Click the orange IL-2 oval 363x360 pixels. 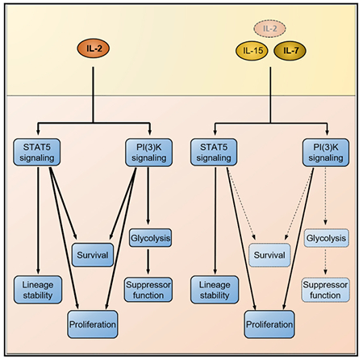coord(94,48)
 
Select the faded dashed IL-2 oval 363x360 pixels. coord(269,28)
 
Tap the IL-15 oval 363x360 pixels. coord(252,51)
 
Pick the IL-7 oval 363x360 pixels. coord(290,51)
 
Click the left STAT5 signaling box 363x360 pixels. coord(37,152)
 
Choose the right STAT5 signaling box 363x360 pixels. coord(214,152)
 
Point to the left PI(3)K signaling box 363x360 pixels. coord(148,153)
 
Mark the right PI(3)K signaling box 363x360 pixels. coord(326,153)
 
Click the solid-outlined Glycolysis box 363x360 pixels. coord(150,238)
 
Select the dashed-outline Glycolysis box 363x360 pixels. coord(326,238)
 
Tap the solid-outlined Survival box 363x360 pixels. coord(93,255)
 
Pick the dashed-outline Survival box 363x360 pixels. coord(269,255)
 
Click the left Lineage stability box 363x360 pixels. coord(38,290)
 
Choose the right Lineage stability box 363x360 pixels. coord(215,290)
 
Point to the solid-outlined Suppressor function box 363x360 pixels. coord(148,290)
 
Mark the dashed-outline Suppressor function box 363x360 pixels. coord(325,290)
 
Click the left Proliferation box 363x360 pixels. coord(93,324)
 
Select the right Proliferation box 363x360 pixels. coord(269,324)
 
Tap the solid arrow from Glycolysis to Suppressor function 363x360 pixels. coord(148,262)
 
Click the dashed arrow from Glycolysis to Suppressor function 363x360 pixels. coord(325,262)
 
